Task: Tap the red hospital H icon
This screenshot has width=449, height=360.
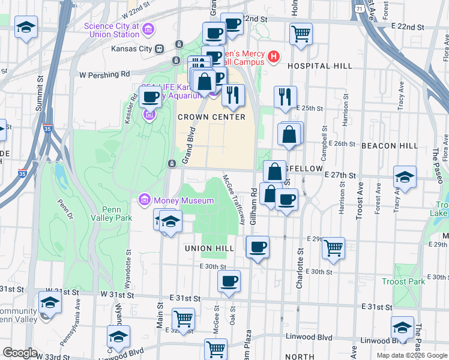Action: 274,57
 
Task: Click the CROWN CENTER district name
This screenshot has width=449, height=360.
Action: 211,117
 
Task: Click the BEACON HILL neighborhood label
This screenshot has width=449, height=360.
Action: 390,146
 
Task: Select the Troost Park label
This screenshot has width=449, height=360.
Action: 403,281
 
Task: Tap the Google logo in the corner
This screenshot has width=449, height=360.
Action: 20,353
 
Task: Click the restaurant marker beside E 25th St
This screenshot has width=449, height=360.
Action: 286,96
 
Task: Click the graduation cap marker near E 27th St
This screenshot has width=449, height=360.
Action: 405,177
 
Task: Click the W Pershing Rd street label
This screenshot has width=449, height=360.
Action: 104,75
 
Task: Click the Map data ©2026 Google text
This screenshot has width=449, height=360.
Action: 412,355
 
